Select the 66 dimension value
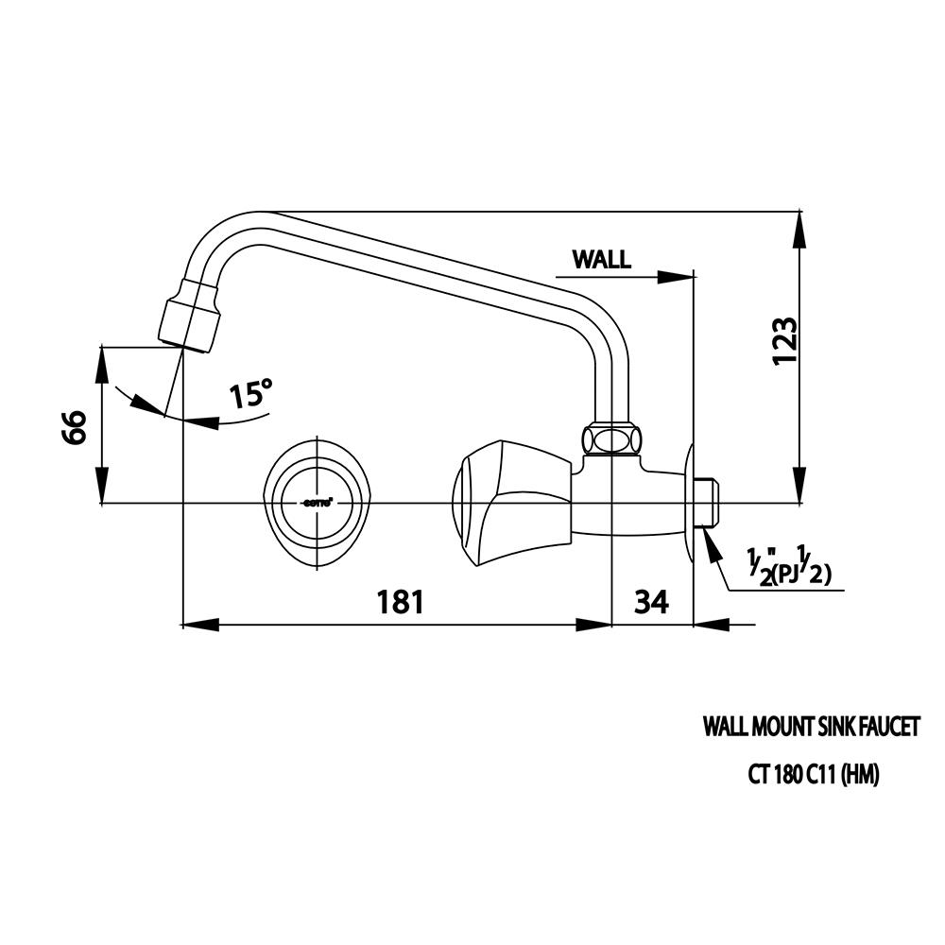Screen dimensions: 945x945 click(75, 427)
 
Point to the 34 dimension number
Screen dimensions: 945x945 click(651, 601)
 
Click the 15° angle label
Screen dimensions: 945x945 click(250, 393)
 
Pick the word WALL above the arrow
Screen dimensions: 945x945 click(602, 260)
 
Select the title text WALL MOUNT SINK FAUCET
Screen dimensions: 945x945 click(811, 727)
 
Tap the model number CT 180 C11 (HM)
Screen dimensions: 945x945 click(814, 775)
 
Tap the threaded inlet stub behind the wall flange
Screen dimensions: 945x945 click(708, 504)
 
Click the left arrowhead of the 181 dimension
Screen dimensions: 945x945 click(197, 624)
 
